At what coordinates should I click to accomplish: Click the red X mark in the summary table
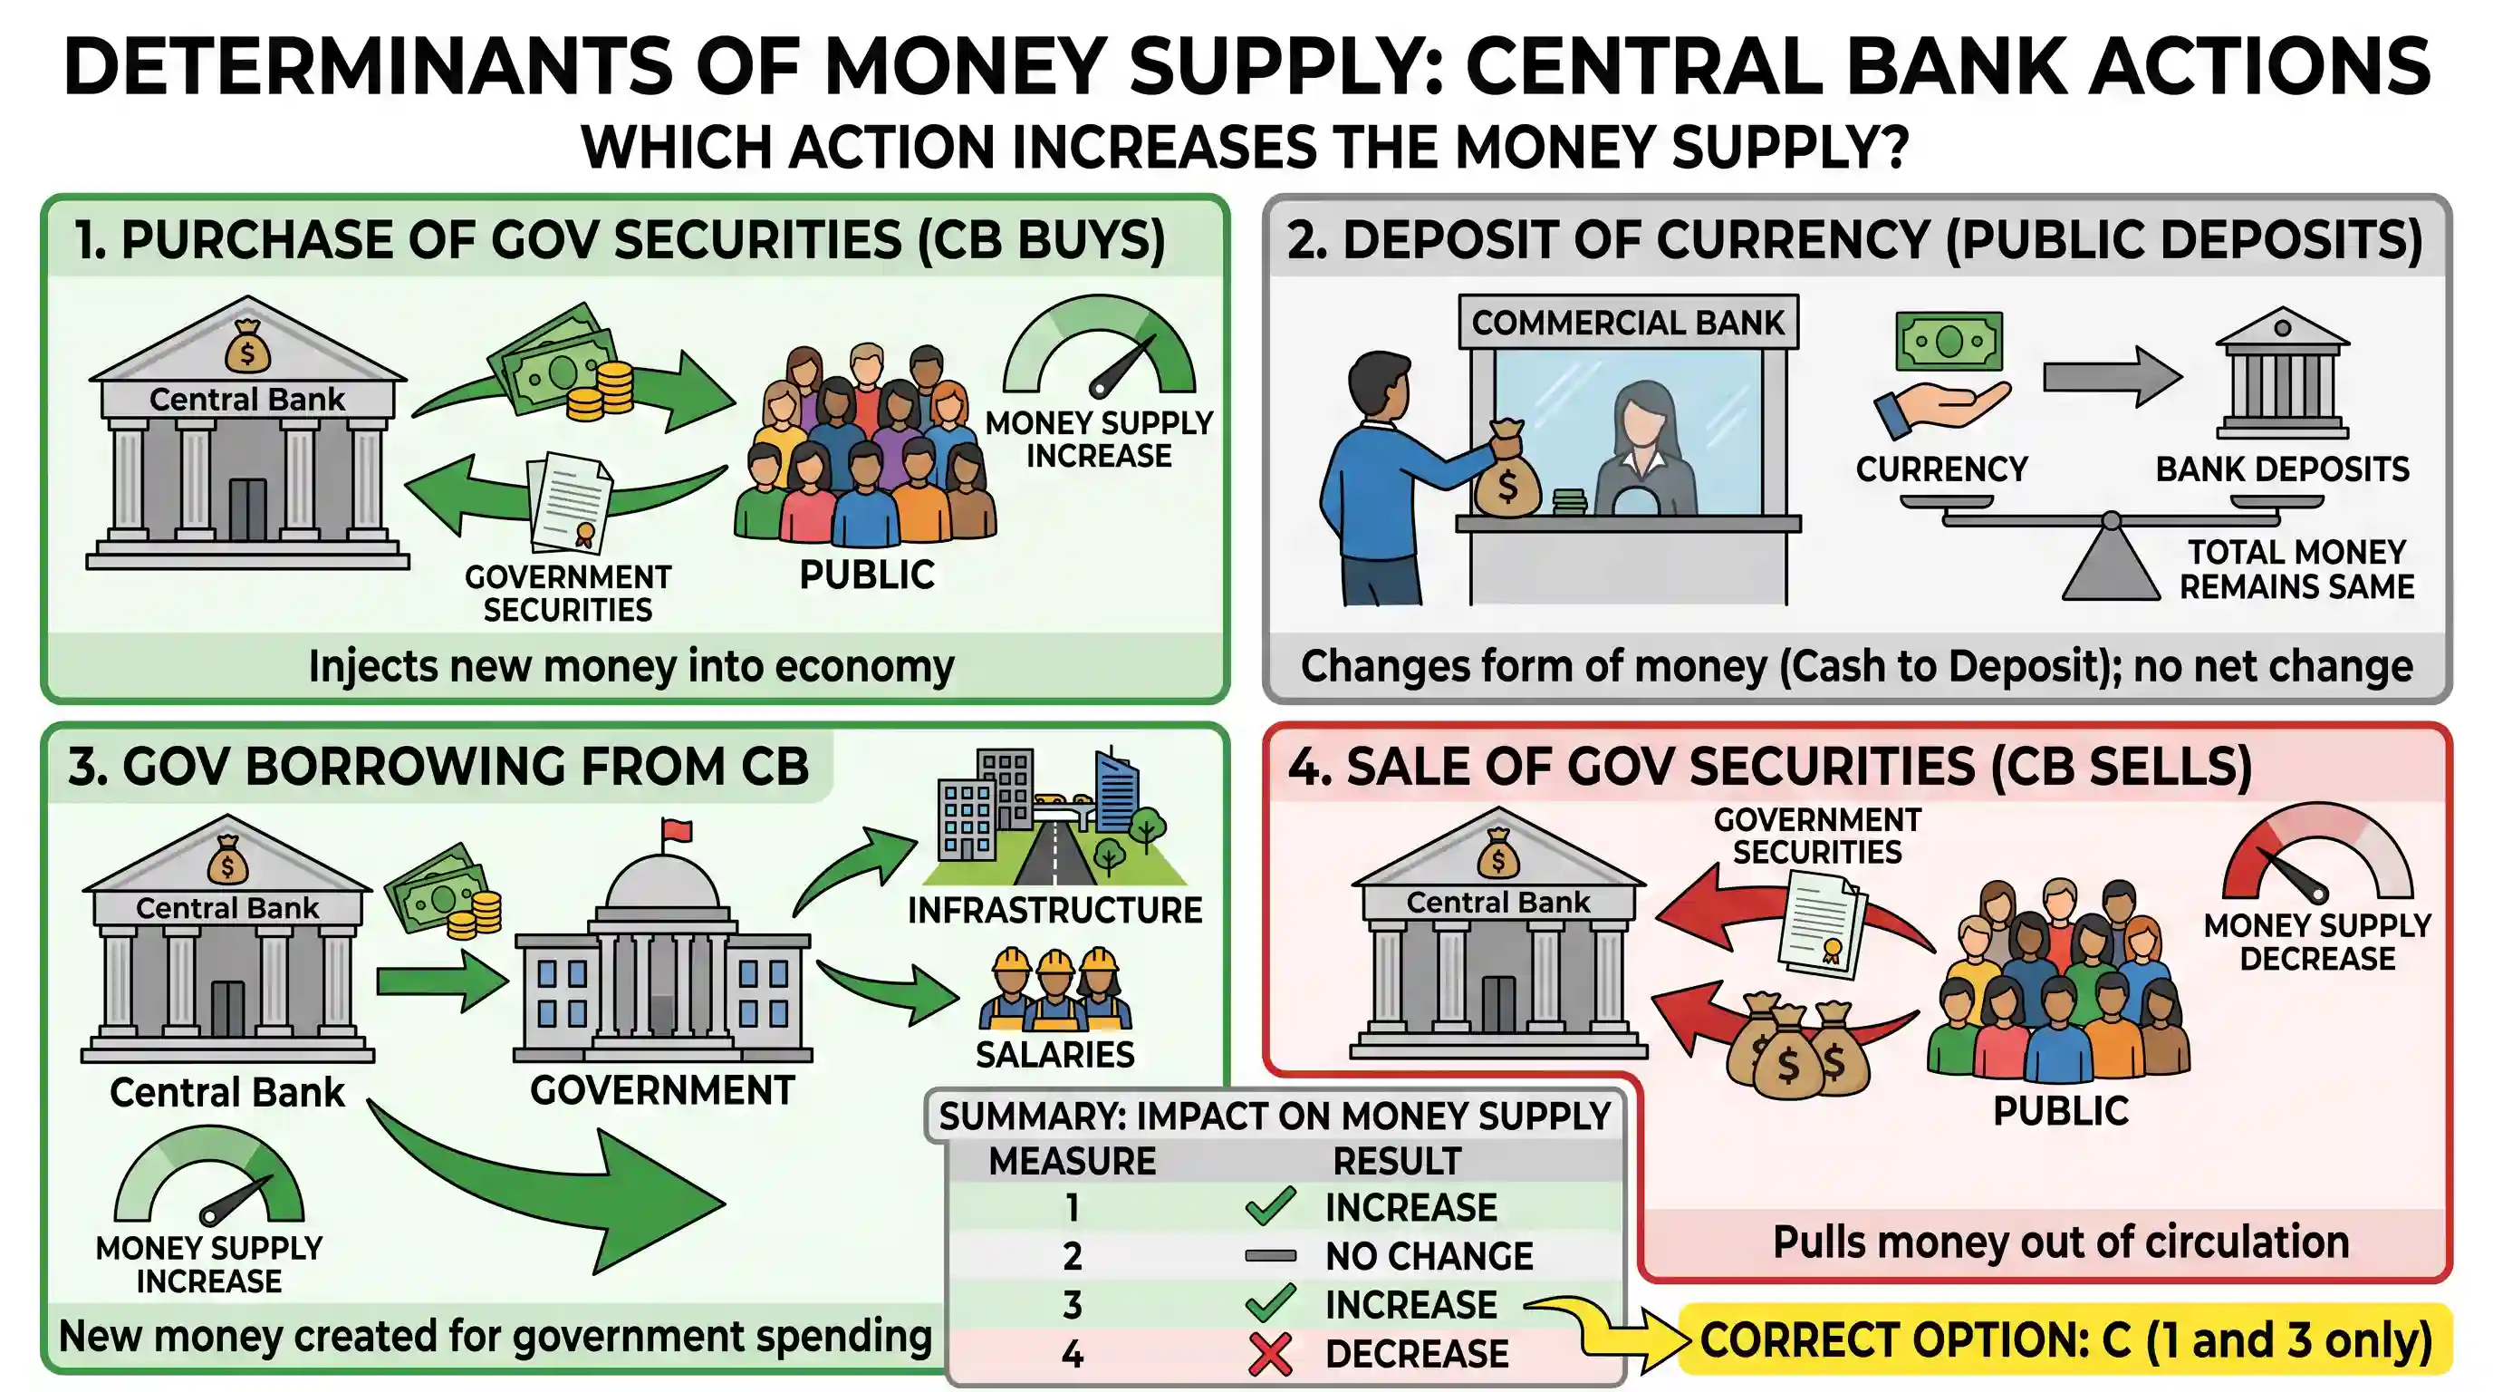coord(1270,1354)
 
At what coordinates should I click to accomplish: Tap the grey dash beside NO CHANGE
coord(1270,1256)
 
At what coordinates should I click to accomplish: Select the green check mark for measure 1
coord(1270,1206)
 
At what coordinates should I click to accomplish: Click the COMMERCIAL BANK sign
coord(1628,323)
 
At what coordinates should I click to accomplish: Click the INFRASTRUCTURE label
coord(1054,910)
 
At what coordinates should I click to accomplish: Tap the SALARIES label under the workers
coord(1054,1054)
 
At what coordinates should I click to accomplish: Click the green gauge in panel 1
coord(1100,345)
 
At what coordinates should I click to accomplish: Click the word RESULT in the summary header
coord(1397,1161)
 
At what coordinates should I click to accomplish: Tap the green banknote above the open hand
coord(1949,341)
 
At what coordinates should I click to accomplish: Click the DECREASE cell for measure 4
coord(1417,1354)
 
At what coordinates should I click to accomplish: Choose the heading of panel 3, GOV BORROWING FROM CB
coord(438,767)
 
